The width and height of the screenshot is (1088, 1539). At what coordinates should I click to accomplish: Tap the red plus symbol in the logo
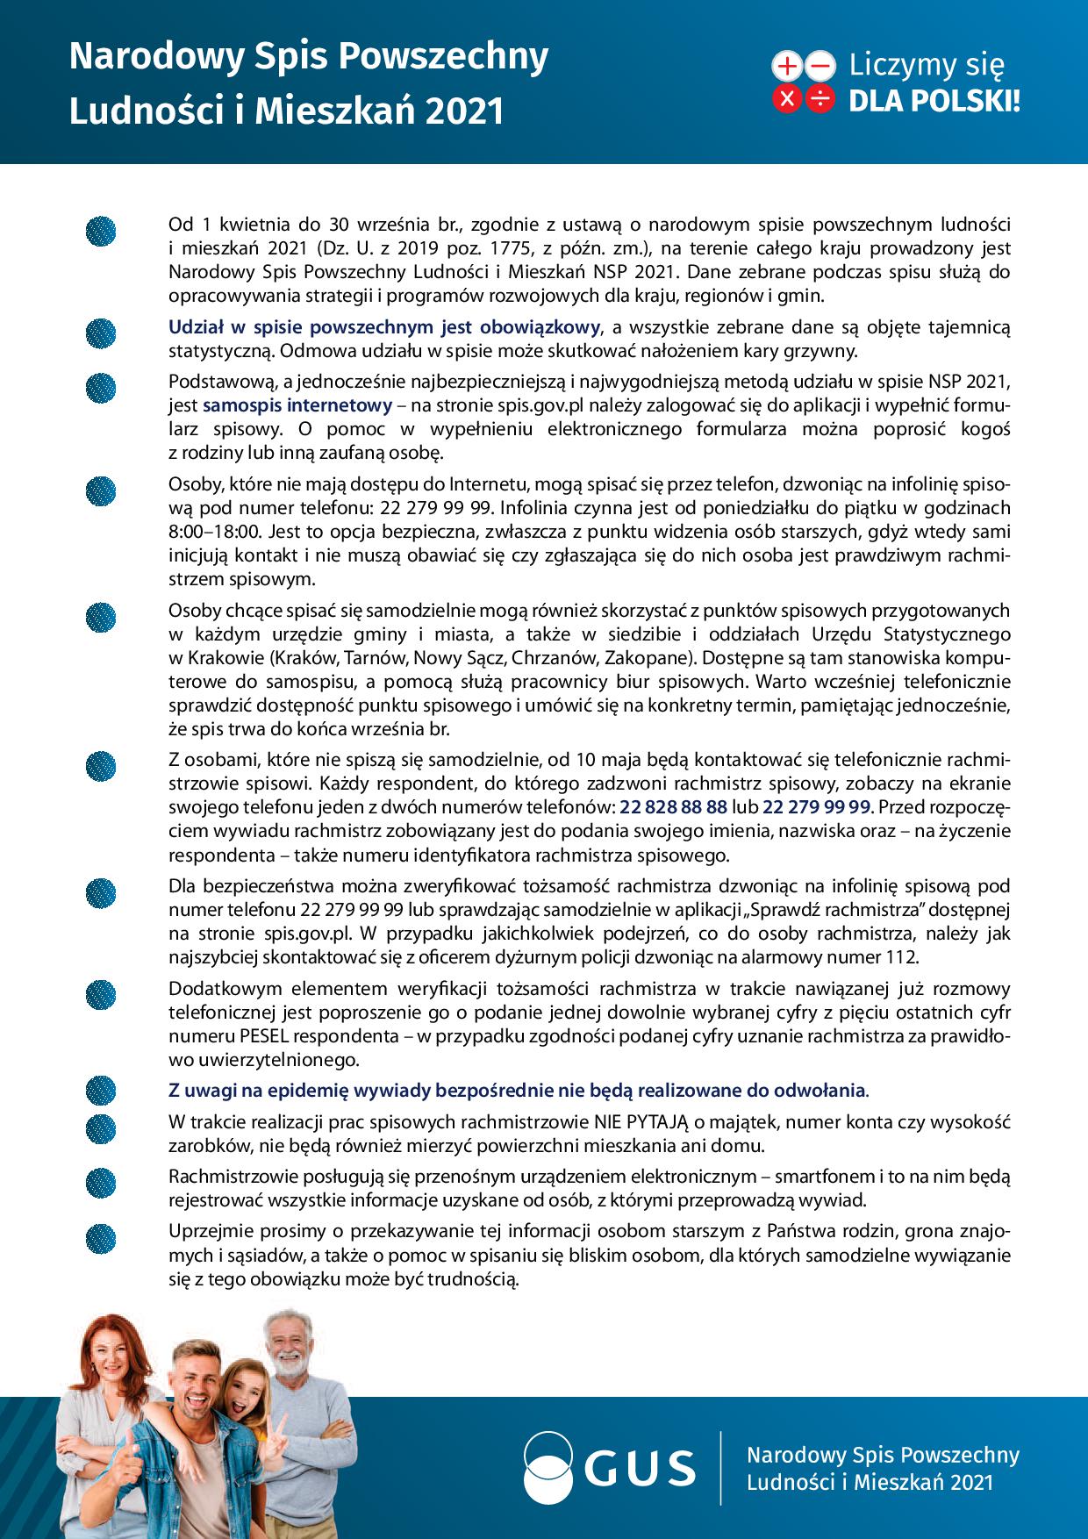pos(787,66)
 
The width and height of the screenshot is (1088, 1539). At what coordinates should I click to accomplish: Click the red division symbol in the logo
pos(820,99)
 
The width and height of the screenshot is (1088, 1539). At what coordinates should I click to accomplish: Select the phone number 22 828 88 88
pos(673,807)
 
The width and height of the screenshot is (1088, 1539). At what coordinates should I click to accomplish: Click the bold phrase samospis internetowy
pos(297,405)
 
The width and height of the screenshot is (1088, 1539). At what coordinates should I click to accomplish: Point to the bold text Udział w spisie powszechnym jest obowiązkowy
pos(384,328)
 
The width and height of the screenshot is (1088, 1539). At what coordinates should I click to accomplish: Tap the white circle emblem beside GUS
pos(555,1467)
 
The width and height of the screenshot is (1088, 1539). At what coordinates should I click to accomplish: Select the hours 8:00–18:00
pos(214,532)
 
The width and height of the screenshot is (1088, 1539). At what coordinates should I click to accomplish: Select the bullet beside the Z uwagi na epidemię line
pos(101,1091)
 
